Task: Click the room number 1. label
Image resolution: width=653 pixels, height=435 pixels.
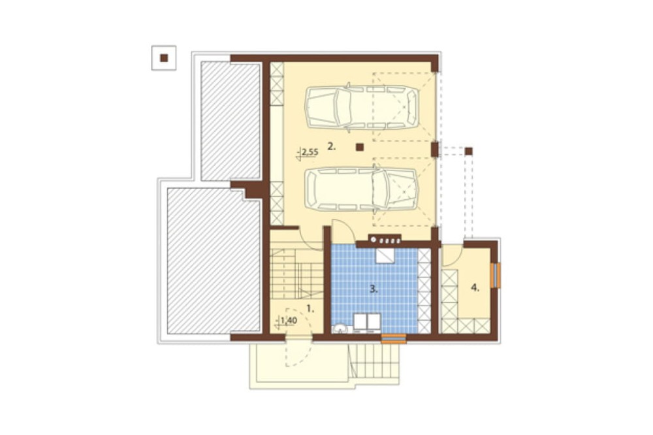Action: (x=310, y=309)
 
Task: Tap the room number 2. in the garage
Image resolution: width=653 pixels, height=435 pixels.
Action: (x=331, y=146)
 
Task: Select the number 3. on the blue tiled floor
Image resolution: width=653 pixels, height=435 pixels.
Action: (x=374, y=289)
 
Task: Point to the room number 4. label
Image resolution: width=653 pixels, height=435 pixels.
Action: (x=475, y=287)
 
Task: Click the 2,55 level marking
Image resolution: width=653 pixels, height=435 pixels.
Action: (x=310, y=152)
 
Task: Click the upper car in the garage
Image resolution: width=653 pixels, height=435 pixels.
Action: (x=362, y=106)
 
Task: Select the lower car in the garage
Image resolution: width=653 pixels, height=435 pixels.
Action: (x=362, y=189)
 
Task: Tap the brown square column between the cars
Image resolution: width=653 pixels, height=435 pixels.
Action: (x=360, y=147)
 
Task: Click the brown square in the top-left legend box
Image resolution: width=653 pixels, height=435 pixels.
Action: (x=164, y=58)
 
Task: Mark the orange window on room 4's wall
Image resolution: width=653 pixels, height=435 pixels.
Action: (x=495, y=276)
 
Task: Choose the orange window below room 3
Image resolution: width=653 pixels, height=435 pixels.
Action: (x=394, y=339)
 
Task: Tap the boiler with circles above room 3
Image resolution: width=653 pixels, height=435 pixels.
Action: (x=385, y=240)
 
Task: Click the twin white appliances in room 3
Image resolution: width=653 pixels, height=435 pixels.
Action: (x=366, y=323)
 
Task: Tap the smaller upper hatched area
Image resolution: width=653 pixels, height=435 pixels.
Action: (x=231, y=121)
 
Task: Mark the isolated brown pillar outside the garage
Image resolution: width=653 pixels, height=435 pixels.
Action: (x=469, y=151)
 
